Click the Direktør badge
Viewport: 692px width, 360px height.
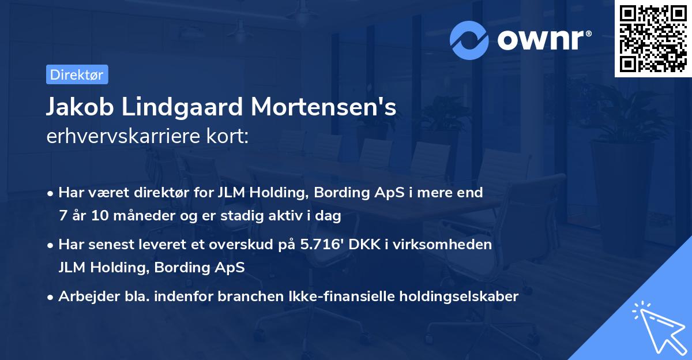tap(77, 74)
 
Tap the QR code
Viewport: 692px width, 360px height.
tap(653, 39)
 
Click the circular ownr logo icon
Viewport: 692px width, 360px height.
tap(469, 40)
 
